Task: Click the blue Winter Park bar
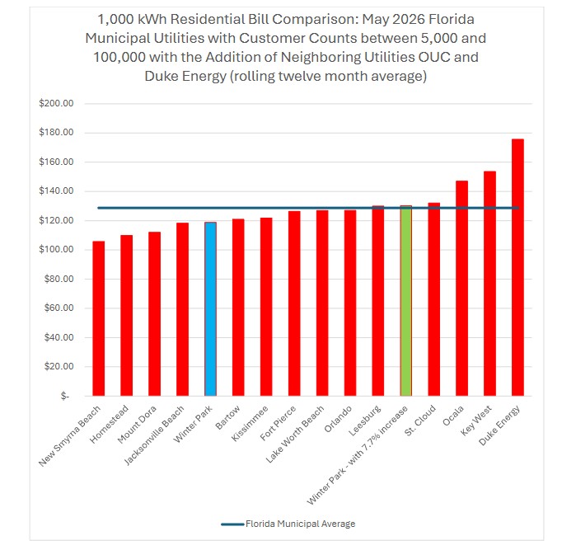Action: pos(210,308)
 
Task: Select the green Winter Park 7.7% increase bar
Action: pos(405,300)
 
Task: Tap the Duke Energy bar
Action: pos(518,267)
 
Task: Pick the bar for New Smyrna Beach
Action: pos(99,318)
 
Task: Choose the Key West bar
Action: pos(489,284)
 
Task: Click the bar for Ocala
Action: pos(461,289)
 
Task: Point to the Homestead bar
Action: pos(127,316)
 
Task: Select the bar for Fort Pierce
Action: pos(294,303)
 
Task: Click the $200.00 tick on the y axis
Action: pos(56,103)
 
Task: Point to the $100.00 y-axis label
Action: pos(56,249)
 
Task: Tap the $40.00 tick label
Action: pos(59,337)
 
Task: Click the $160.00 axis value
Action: pos(56,162)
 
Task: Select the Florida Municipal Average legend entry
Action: pos(288,524)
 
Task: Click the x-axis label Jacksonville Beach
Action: pos(154,435)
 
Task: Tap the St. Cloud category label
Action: pos(420,421)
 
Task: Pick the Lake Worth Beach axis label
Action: pos(295,434)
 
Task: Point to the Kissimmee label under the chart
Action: pos(250,423)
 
